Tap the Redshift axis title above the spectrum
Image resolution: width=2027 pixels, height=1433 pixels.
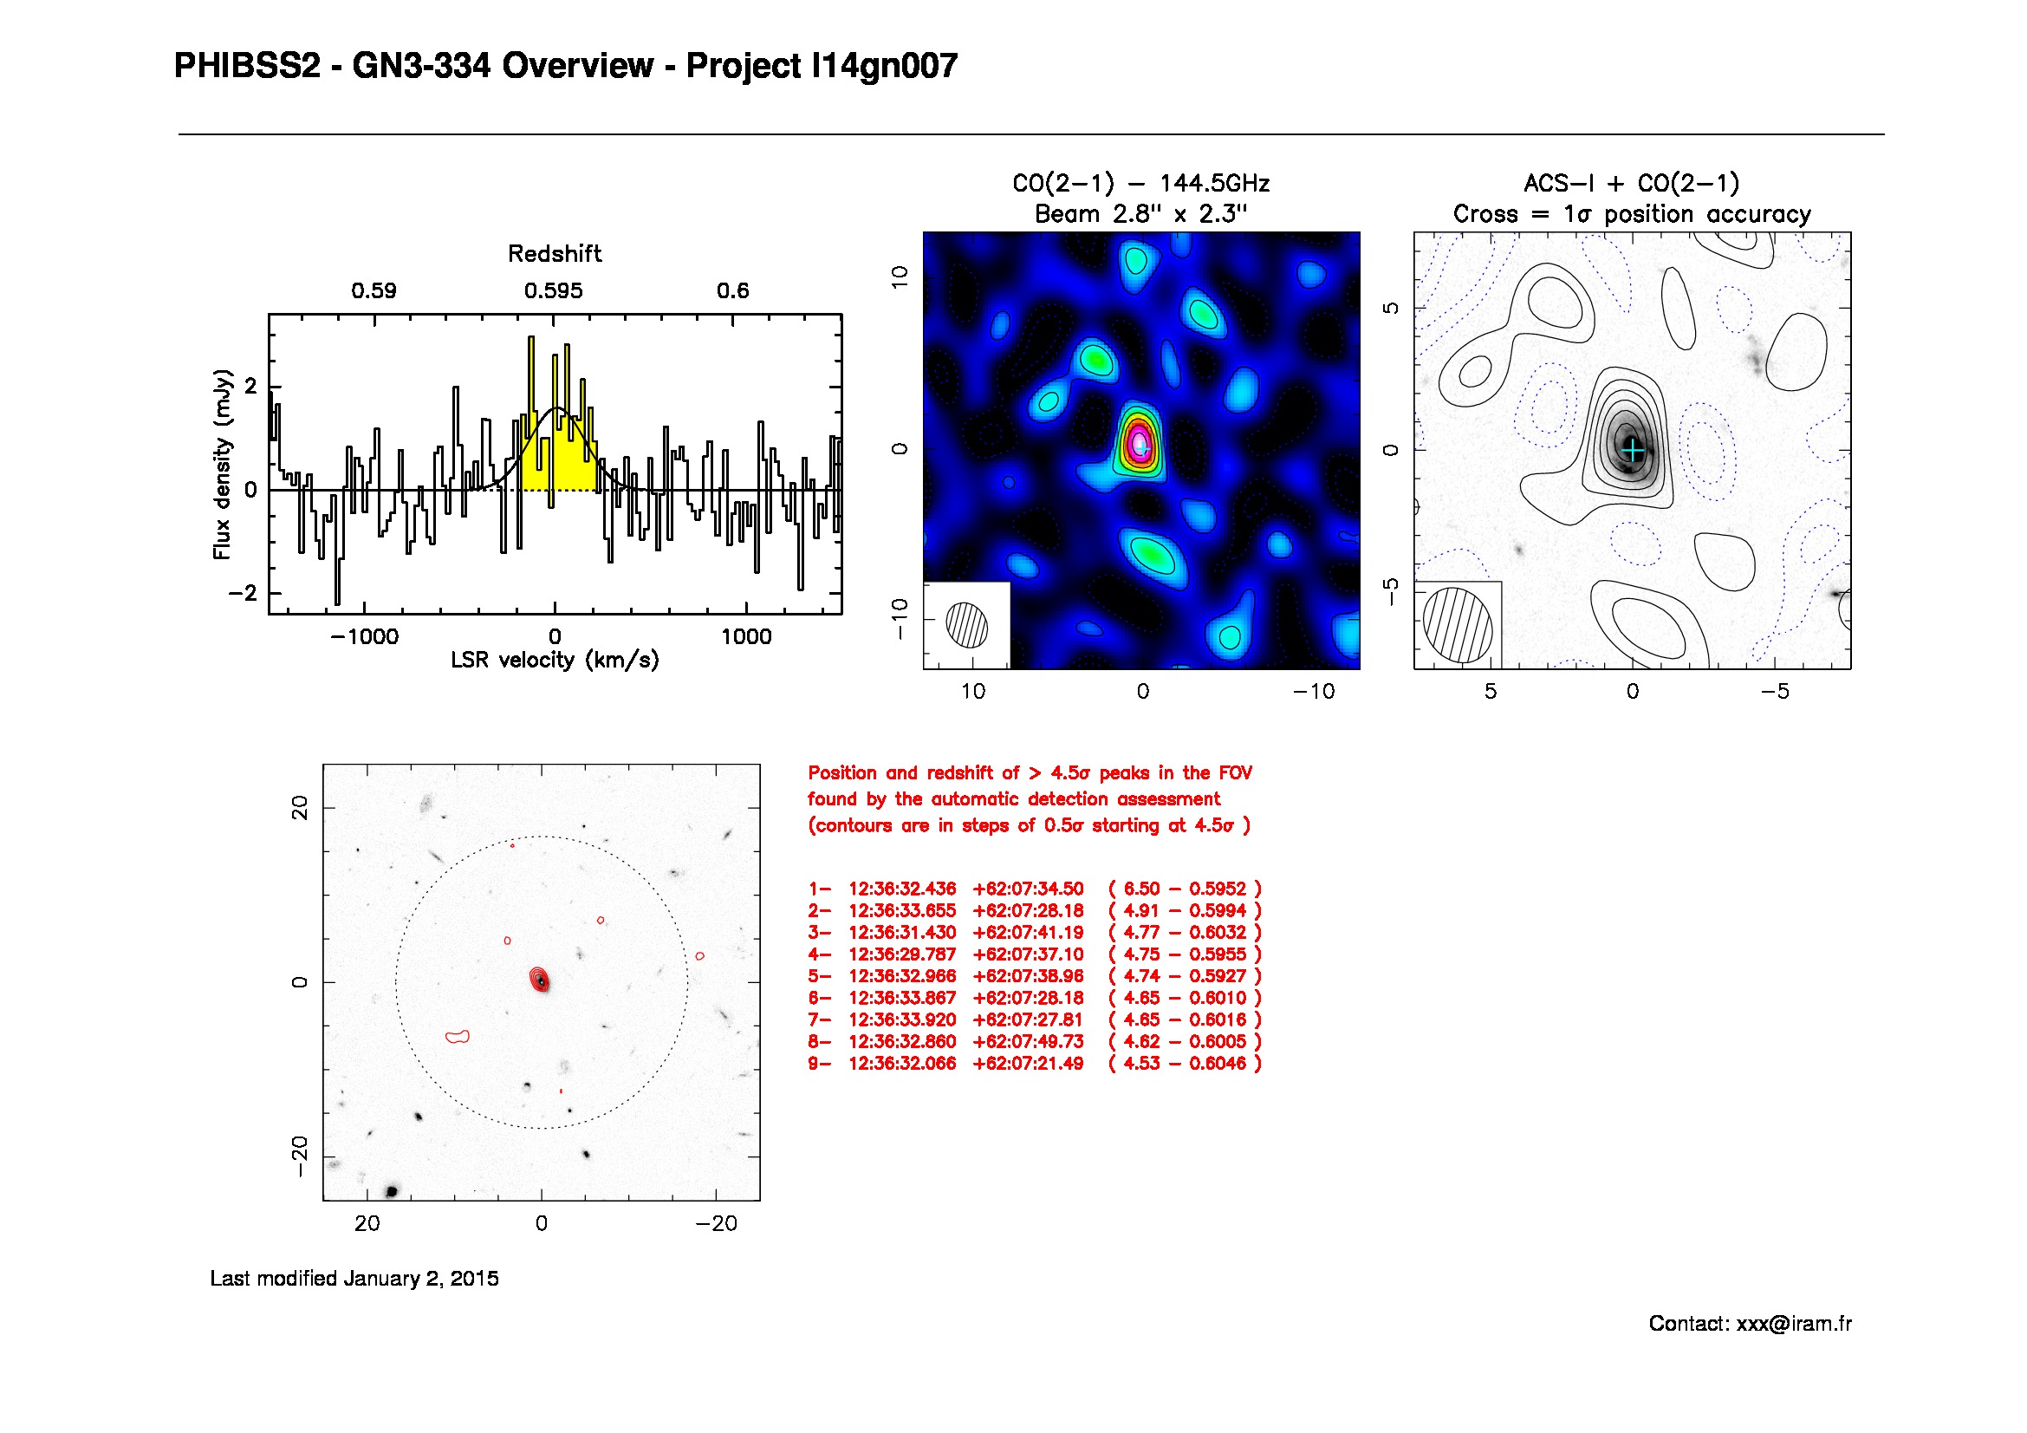click(x=555, y=254)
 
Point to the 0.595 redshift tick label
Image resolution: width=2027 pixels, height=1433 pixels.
click(x=554, y=291)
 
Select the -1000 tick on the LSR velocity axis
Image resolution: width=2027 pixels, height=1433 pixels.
click(x=365, y=636)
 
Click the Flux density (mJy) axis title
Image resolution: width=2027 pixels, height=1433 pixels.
click(x=222, y=464)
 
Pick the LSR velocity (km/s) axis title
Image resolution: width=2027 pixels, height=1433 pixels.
click(x=555, y=661)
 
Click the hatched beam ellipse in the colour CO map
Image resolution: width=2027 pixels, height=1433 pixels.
click(x=967, y=624)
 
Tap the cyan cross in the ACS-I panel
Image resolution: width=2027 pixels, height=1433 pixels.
click(x=1634, y=451)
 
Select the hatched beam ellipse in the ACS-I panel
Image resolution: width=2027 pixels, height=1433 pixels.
click(x=1458, y=624)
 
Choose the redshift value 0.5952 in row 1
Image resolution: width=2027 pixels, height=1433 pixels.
click(x=1218, y=889)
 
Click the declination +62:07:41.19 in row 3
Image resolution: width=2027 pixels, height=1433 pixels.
click(x=1028, y=933)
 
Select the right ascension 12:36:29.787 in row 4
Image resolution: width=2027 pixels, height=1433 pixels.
click(x=901, y=954)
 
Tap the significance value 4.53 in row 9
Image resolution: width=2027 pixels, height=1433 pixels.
click(x=1140, y=1064)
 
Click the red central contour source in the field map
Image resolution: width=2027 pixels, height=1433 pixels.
click(x=539, y=979)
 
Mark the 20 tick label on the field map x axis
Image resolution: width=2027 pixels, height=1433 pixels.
click(x=367, y=1224)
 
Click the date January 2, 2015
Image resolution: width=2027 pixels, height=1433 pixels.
click(x=421, y=1279)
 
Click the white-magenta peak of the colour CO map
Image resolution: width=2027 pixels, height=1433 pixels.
click(x=1140, y=440)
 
